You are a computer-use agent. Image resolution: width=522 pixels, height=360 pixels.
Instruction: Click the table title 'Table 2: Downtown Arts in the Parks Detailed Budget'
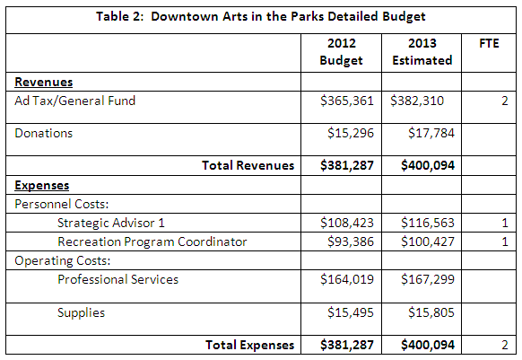tap(261, 16)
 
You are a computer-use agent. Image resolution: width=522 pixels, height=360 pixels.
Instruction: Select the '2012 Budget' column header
tap(341, 52)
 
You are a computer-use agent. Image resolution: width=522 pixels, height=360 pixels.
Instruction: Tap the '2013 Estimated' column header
tap(422, 52)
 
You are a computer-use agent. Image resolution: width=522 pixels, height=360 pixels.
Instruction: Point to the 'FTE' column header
tap(489, 43)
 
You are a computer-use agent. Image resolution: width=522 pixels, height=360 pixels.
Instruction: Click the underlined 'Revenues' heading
tap(44, 82)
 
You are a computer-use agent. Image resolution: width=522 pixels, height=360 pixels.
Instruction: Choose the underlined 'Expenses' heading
tap(42, 185)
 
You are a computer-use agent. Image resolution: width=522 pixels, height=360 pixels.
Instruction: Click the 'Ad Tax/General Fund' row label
tap(75, 101)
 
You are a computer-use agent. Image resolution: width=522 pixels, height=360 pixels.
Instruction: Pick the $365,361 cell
tap(347, 101)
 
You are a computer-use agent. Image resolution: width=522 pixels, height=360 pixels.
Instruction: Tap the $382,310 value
tap(417, 101)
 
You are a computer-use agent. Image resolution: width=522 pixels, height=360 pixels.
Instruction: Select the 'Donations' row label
tap(44, 133)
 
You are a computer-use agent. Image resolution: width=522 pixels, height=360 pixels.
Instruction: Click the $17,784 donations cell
tap(431, 133)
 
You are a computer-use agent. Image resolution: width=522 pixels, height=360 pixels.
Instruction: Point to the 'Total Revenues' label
tap(248, 165)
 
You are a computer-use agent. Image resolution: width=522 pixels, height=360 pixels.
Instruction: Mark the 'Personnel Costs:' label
tap(62, 204)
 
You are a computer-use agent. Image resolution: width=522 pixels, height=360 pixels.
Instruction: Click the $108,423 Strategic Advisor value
tap(347, 223)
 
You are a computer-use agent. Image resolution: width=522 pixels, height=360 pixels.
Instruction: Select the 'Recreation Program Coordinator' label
tap(152, 241)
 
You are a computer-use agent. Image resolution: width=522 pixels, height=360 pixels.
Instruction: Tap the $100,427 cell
tap(428, 241)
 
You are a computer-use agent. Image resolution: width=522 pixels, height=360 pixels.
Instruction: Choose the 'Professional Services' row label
tap(117, 279)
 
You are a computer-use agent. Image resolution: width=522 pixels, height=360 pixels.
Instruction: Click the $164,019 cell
tap(347, 279)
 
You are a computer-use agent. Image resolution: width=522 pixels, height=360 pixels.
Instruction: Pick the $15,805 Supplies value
tap(431, 312)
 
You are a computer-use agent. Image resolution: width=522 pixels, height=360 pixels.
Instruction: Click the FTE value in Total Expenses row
tap(505, 345)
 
